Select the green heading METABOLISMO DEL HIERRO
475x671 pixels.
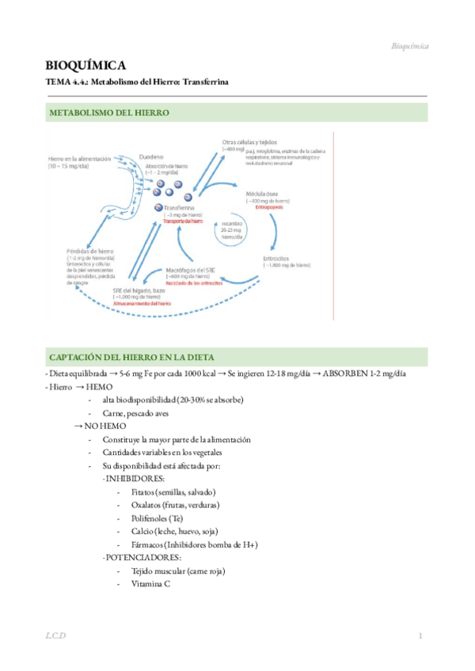point(109,113)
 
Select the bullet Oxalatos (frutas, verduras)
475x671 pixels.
point(169,505)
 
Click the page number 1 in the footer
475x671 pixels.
point(421,637)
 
